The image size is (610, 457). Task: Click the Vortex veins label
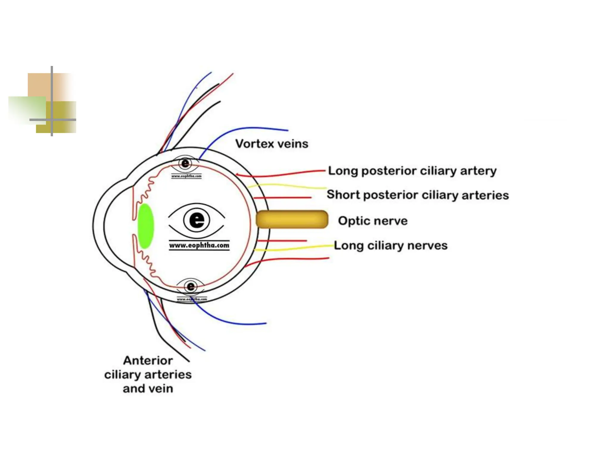(271, 144)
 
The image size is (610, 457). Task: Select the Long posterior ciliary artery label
(412, 171)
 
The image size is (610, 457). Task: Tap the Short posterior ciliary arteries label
(418, 195)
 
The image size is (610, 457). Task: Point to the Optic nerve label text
(373, 221)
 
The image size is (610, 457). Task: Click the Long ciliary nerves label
(390, 245)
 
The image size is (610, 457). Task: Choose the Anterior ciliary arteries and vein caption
(148, 374)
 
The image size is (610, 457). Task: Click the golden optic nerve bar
(292, 219)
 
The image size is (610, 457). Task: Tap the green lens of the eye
(146, 226)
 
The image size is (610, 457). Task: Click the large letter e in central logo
(197, 220)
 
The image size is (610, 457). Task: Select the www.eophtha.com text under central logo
(199, 245)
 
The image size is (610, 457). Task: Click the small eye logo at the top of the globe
(185, 163)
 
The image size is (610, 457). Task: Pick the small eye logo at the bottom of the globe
(191, 287)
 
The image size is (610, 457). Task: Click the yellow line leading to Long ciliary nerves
(298, 248)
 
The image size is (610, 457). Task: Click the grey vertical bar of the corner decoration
(52, 89)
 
